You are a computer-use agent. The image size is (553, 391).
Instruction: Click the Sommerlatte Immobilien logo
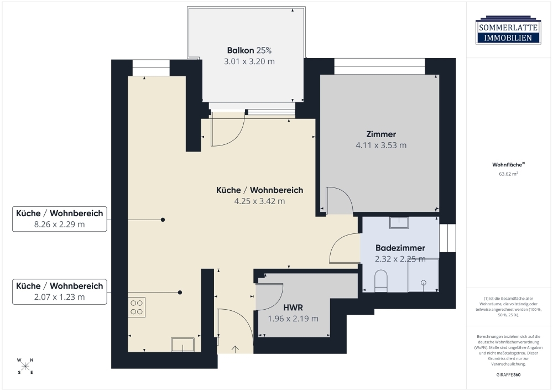[x=508, y=30]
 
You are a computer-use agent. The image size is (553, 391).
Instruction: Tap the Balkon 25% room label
[x=249, y=49]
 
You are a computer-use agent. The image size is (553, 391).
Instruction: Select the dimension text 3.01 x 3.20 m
[x=249, y=61]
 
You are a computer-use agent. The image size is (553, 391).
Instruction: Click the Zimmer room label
[x=381, y=134]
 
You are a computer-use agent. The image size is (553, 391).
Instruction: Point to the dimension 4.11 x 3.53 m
[x=381, y=145]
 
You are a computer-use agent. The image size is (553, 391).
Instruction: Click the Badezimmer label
[x=400, y=248]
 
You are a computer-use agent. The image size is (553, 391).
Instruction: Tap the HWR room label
[x=293, y=307]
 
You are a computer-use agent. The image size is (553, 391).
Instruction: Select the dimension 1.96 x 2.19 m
[x=293, y=319]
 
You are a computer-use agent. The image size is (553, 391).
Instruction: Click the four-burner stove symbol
[x=137, y=307]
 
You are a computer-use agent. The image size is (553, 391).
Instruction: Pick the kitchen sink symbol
[x=182, y=345]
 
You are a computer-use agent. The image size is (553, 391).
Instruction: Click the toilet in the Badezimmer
[x=380, y=280]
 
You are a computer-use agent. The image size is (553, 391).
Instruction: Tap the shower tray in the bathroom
[x=423, y=275]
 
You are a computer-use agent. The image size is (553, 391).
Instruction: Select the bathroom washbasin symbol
[x=399, y=222]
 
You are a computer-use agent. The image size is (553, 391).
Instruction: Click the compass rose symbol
[x=25, y=366]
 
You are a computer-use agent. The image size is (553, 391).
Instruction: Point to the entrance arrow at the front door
[x=235, y=348]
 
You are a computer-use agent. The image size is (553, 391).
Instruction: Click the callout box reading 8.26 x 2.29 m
[x=59, y=218]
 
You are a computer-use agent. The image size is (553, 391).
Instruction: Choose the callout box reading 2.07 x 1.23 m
[x=59, y=291]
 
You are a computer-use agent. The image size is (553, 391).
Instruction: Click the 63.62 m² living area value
[x=508, y=174]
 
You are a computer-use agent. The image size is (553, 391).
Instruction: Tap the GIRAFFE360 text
[x=508, y=375]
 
